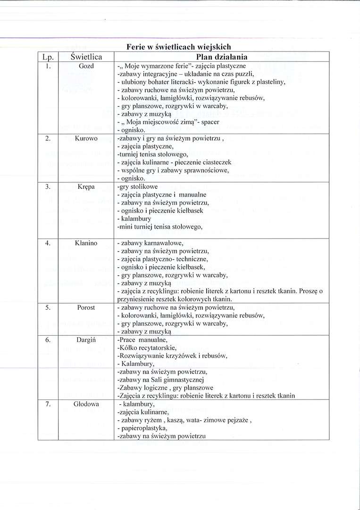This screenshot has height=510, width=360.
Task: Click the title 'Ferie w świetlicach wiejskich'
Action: point(178,47)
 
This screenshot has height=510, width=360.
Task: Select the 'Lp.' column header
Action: point(48,57)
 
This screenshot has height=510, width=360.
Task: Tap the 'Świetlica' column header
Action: point(86,57)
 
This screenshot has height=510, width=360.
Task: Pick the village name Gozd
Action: point(86,66)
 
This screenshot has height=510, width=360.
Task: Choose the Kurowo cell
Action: point(86,138)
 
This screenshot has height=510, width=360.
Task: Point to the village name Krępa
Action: point(86,187)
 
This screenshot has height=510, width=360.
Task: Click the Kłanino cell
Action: point(86,243)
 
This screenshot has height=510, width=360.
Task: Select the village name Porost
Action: point(86,307)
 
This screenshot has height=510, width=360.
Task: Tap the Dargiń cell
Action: point(86,340)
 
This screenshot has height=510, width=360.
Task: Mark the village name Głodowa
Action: point(86,404)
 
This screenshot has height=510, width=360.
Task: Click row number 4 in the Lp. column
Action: point(48,243)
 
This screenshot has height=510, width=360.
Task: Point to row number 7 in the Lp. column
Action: point(48,404)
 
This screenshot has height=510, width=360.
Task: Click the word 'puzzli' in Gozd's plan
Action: point(245,74)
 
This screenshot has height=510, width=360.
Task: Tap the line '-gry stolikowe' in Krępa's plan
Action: point(137,187)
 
